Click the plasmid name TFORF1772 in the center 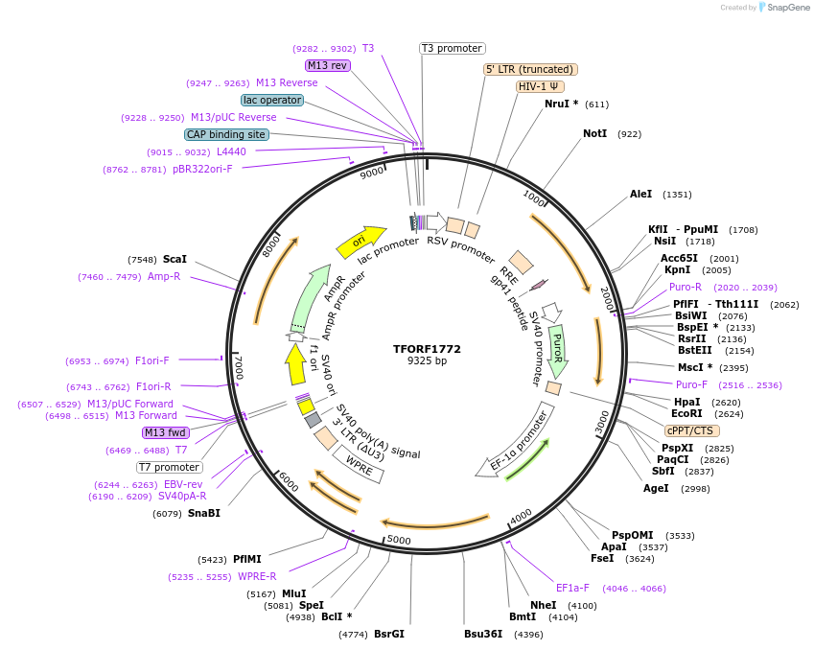(427, 349)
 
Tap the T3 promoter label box (453, 48)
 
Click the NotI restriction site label (595, 133)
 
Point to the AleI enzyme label (640, 194)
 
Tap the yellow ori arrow (360, 241)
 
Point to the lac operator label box (272, 100)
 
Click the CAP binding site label (226, 135)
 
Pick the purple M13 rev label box (327, 65)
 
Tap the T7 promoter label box (169, 467)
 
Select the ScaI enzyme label (174, 259)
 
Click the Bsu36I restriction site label (483, 634)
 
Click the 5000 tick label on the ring (398, 541)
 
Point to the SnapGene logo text (783, 8)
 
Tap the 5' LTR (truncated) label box (530, 69)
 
